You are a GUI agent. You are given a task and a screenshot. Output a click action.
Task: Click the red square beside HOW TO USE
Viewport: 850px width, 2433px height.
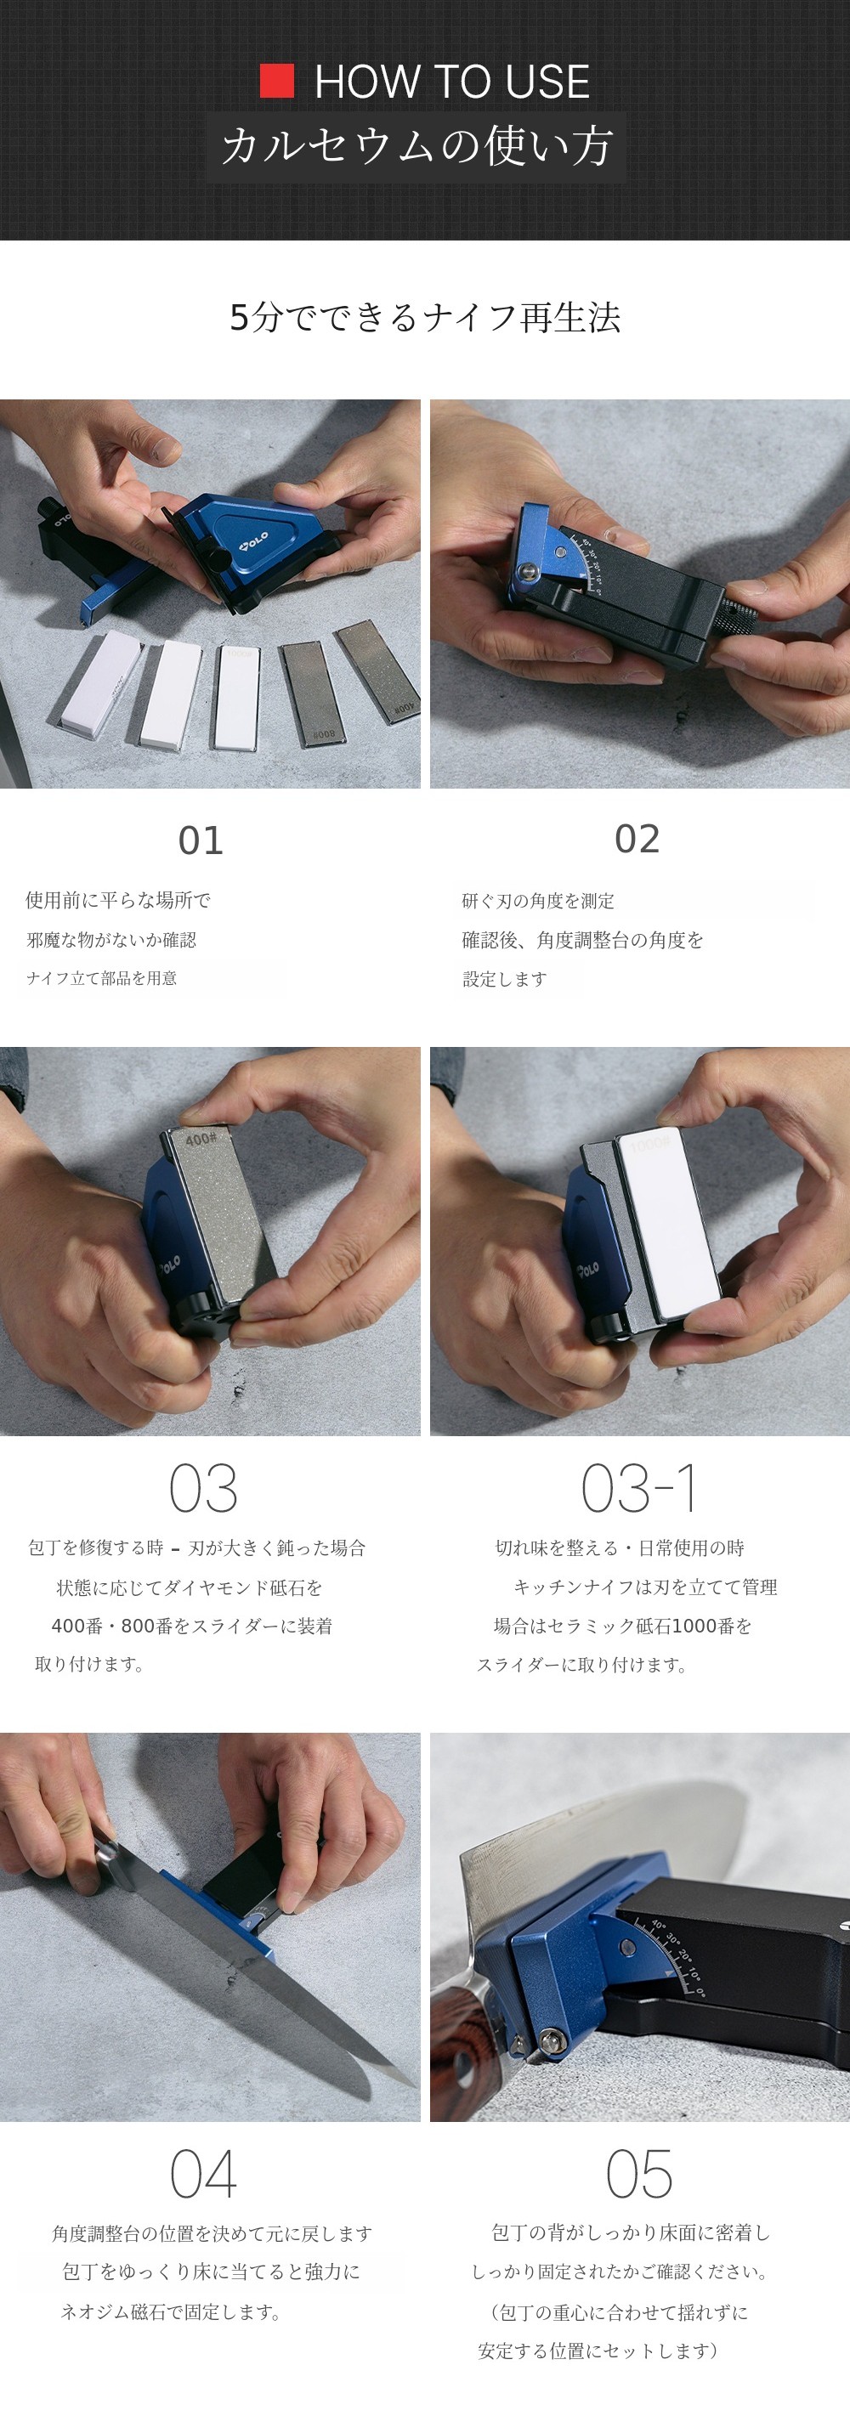(x=277, y=82)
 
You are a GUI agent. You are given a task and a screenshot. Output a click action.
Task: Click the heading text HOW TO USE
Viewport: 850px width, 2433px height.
(x=452, y=82)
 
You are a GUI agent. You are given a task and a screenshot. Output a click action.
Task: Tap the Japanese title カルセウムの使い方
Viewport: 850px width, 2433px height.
(x=416, y=146)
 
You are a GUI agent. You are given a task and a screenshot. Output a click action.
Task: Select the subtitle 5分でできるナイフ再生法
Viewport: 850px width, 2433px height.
(x=425, y=317)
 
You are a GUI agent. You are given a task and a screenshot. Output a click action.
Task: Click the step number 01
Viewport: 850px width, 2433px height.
(x=201, y=840)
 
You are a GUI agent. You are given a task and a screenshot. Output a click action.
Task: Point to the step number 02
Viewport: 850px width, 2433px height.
(x=637, y=839)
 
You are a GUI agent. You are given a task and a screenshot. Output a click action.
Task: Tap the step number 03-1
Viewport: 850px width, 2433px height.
(x=639, y=1489)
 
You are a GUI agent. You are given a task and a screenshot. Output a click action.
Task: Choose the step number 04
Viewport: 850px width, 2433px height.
(x=202, y=2173)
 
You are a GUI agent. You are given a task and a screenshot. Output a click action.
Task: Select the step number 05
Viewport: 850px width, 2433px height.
(x=639, y=2173)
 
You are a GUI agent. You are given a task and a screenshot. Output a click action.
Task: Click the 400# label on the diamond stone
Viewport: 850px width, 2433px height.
(x=201, y=1139)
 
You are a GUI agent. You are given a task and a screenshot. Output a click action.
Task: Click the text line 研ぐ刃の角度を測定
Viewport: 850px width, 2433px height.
(x=538, y=901)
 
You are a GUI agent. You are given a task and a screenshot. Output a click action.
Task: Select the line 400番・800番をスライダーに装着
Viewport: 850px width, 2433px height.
(x=192, y=1627)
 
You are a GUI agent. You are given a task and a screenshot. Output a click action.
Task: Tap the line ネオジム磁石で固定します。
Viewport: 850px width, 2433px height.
(x=171, y=2312)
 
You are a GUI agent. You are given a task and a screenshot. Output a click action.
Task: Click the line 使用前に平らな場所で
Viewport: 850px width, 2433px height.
(x=118, y=900)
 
